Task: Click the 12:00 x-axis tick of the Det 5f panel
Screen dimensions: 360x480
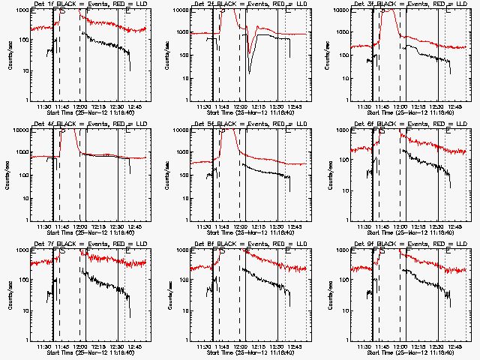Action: coord(241,226)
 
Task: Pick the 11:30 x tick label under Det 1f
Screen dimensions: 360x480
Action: coord(43,106)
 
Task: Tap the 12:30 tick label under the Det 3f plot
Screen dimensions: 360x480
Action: coord(438,106)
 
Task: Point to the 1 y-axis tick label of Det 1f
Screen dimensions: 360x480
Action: coord(28,100)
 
